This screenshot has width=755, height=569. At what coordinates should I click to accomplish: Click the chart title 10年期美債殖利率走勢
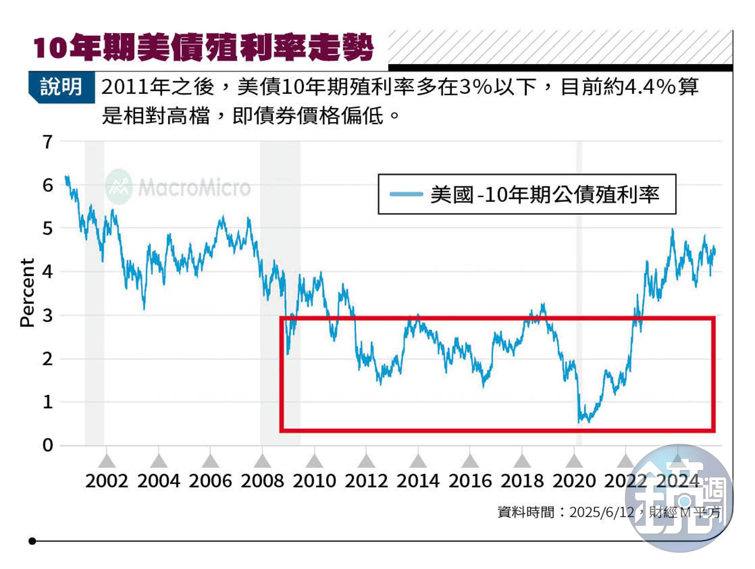pos(203,48)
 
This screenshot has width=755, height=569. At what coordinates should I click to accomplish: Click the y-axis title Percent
pos(27,293)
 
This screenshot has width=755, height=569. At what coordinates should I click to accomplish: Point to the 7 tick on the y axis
pos(48,142)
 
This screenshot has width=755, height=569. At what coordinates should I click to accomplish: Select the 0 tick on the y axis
pos(48,445)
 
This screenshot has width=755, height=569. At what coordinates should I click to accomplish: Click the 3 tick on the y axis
pos(48,316)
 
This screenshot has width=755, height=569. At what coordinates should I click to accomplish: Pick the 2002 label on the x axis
pos(107,481)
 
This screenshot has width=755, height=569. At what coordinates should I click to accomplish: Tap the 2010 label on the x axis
pos(314,481)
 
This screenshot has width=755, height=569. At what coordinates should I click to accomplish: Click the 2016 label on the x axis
pos(470,481)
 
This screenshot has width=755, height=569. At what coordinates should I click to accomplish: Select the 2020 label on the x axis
pos(574,481)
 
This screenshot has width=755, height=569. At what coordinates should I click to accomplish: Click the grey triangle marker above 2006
pos(210,461)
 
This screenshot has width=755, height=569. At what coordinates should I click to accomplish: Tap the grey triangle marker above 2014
pos(418,461)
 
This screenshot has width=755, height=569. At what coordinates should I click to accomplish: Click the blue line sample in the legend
pos(406,194)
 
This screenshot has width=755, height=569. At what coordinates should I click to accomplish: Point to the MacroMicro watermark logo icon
pos(118,187)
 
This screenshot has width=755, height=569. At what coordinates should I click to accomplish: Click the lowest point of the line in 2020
pos(579,421)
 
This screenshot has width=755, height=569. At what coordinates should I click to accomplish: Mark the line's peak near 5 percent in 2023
pos(672,230)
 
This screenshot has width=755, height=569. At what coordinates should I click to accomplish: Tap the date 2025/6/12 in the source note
pos(601,512)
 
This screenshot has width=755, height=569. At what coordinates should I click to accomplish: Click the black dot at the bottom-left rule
pos(32,541)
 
